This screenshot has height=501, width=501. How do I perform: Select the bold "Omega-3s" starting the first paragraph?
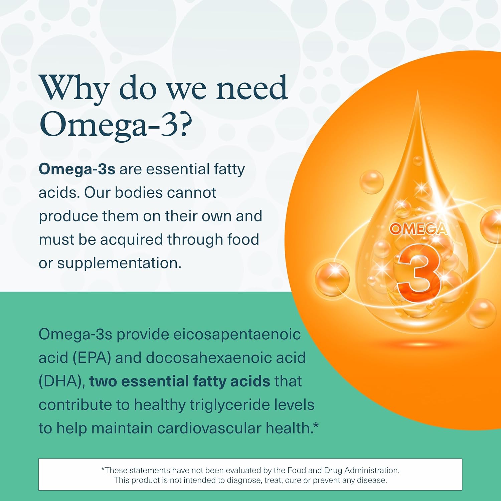tap(77, 169)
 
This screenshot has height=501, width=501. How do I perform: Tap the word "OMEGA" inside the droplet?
tap(417, 229)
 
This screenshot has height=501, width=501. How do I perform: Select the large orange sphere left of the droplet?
tap(332, 279)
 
